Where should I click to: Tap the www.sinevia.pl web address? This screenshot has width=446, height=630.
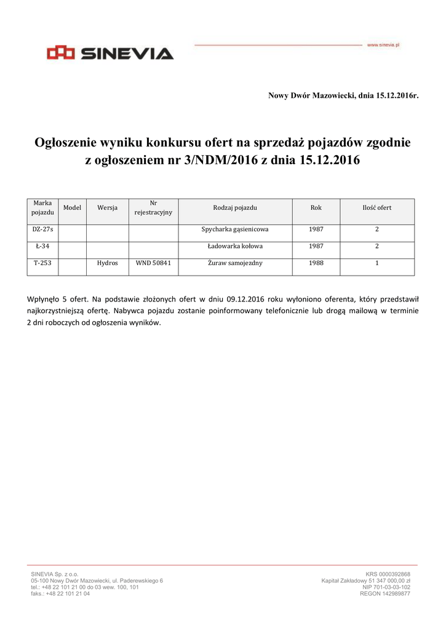pyautogui.click(x=383, y=45)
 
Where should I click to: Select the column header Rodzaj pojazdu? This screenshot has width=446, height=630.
pyautogui.click(x=235, y=208)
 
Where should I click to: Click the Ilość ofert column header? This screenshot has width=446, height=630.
pyautogui.click(x=376, y=208)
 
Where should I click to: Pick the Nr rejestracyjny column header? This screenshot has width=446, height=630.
pyautogui.click(x=153, y=208)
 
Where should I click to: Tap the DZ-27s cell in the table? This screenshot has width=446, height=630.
pyautogui.click(x=43, y=229)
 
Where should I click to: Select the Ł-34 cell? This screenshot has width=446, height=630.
pyautogui.click(x=43, y=246)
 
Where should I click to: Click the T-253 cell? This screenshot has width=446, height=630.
pyautogui.click(x=43, y=263)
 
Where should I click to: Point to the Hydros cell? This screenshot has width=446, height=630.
pyautogui.click(x=107, y=263)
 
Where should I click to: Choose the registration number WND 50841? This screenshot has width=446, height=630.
pyautogui.click(x=153, y=263)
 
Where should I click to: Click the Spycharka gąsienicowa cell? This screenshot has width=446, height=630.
pyautogui.click(x=235, y=229)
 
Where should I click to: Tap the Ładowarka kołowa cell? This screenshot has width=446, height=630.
pyautogui.click(x=235, y=246)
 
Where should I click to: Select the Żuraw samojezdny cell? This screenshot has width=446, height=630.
pyautogui.click(x=235, y=263)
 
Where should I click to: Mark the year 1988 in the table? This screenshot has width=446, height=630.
pyautogui.click(x=316, y=263)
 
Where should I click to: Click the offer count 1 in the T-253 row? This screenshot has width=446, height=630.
pyautogui.click(x=376, y=263)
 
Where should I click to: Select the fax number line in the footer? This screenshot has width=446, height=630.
pyautogui.click(x=60, y=594)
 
